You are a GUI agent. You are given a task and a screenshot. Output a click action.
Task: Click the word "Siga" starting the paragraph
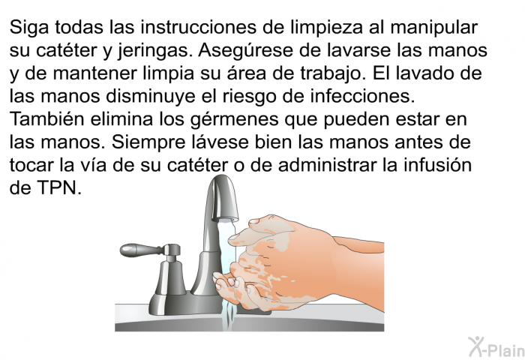point(29,28)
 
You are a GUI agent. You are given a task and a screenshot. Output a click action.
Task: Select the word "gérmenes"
point(234,120)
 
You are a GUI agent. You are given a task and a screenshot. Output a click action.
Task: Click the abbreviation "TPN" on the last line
point(59,187)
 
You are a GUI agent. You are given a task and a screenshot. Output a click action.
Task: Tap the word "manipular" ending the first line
point(433,28)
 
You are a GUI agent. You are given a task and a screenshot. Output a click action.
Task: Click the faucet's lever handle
point(142,250)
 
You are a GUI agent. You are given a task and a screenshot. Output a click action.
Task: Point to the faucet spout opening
point(226,220)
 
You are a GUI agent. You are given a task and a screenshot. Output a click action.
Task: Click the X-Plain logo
point(496,347)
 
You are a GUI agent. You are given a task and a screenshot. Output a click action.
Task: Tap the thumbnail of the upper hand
point(254,221)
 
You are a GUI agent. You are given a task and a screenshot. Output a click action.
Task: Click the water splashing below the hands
point(228,313)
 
